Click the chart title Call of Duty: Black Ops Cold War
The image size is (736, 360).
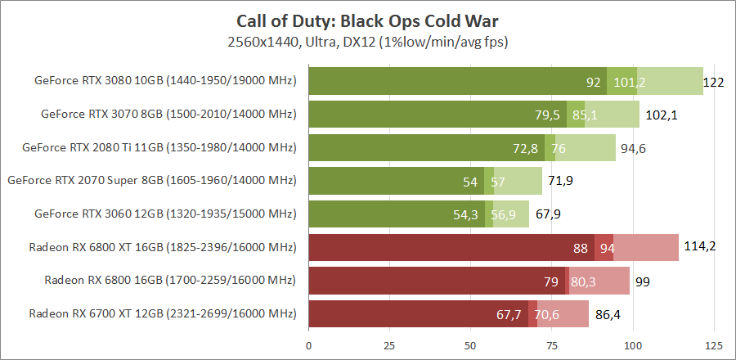click(367, 20)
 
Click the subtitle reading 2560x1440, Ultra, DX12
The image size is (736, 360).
click(367, 40)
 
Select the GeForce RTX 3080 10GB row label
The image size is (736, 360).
click(164, 81)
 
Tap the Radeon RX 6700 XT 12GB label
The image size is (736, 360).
click(162, 313)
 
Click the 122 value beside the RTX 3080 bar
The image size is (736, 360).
click(714, 82)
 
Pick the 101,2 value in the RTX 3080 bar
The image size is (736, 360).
click(630, 82)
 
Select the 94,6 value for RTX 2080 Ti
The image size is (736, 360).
click(633, 148)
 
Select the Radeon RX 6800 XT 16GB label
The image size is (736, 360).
click(162, 247)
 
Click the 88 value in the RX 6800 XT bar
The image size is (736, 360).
click(582, 247)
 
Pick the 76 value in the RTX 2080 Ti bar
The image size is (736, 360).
click(559, 148)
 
